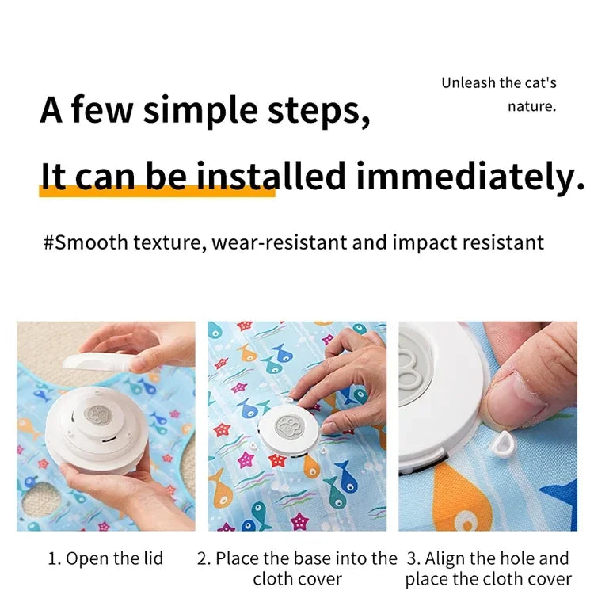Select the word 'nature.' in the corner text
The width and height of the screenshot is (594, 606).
tap(531, 105)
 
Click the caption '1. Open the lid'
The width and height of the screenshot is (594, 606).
tap(105, 558)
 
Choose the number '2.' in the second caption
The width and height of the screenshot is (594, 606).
tap(204, 558)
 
